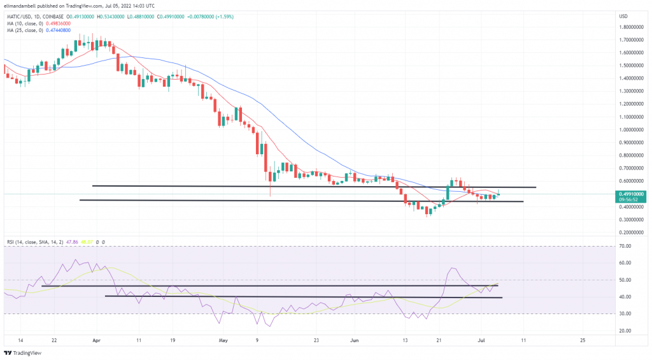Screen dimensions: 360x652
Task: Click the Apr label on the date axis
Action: click(x=96, y=341)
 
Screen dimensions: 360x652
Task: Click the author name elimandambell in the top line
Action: click(x=22, y=4)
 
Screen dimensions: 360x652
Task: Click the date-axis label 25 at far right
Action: click(x=584, y=341)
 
